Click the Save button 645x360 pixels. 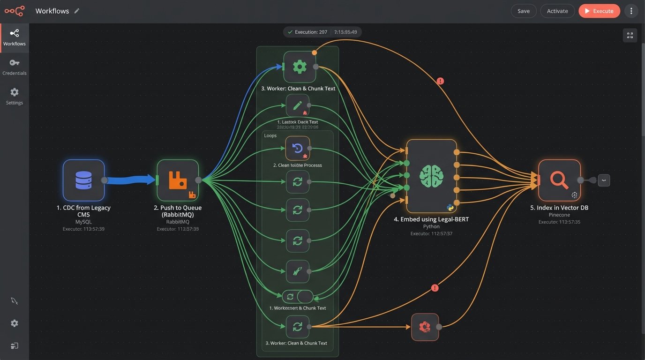pos(524,11)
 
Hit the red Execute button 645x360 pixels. pos(599,11)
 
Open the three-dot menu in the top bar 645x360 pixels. pos(631,11)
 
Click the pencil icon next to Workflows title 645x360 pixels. pos(77,11)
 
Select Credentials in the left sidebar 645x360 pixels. pos(15,67)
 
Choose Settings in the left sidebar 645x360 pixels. pos(15,96)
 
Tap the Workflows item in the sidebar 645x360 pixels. pos(15,37)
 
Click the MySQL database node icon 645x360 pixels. pos(83,180)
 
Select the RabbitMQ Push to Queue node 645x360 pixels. pos(178,180)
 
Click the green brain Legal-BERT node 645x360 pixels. pos(431,176)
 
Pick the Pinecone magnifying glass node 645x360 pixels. pos(559,180)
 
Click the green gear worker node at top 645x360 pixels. pos(300,67)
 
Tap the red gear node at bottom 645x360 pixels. pos(425,327)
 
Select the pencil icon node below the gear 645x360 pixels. pos(298,105)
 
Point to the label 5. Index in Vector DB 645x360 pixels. pos(559,208)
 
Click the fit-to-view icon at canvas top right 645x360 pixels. pos(630,36)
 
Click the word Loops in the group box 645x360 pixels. pos(270,135)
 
